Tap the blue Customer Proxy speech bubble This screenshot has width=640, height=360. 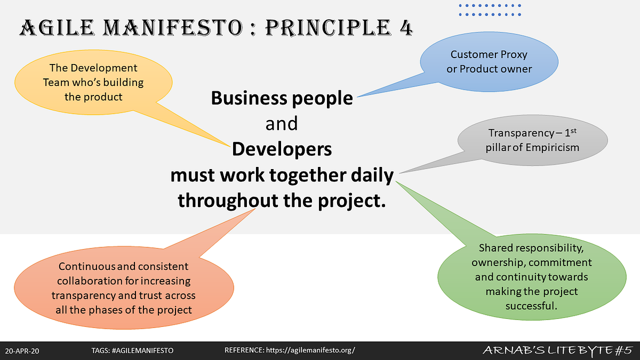click(x=489, y=61)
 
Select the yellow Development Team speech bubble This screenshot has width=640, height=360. click(x=93, y=82)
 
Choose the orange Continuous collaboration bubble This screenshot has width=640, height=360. click(x=123, y=288)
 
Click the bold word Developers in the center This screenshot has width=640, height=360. click(x=282, y=149)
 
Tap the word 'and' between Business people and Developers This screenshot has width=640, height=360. click(x=282, y=124)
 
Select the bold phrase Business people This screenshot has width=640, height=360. click(x=282, y=98)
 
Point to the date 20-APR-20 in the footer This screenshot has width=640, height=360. click(x=22, y=350)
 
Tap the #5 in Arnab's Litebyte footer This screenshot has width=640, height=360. click(x=622, y=350)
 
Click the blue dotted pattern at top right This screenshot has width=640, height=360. click(x=490, y=10)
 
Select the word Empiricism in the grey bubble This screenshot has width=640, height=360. click(x=553, y=147)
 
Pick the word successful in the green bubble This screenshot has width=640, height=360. click(x=531, y=307)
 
